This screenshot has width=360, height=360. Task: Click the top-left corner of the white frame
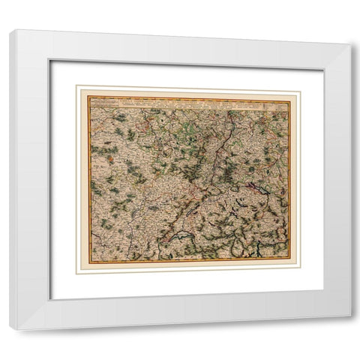click(x=10, y=31)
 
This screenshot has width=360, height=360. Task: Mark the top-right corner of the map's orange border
click(x=290, y=97)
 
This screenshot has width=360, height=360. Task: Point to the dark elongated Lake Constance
click(x=259, y=190)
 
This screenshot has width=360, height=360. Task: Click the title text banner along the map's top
click(x=187, y=101)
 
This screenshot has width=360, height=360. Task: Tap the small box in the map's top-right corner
click(x=282, y=103)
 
